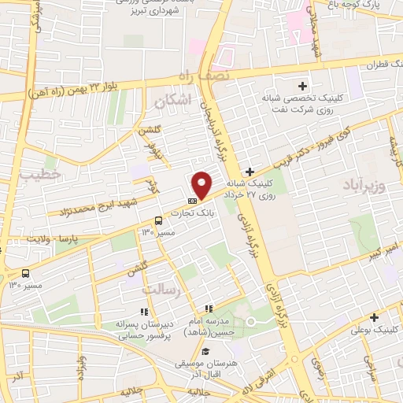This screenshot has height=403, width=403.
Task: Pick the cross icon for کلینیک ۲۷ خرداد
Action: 250,172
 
